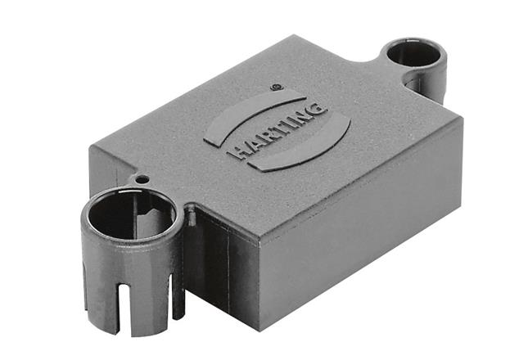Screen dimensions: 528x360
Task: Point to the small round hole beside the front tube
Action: point(142,179)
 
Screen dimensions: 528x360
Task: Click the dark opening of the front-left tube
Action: point(131,215)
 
